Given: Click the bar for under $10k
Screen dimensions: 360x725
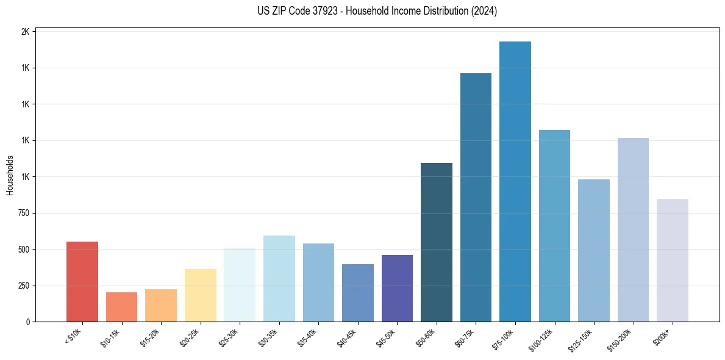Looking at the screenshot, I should point(82,282).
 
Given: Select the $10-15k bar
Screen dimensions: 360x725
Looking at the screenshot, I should point(121,307).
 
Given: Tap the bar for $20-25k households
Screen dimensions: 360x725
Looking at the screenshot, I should point(200,295).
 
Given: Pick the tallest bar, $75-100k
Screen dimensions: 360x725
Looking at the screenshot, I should point(515,182).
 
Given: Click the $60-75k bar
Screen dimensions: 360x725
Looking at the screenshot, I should point(476,198).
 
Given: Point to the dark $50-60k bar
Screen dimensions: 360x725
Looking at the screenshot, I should point(437,242).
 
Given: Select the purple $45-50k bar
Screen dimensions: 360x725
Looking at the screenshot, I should point(397,289).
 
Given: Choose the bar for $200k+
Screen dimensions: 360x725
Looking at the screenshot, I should point(673,261).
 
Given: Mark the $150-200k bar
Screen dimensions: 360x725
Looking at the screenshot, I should point(633,230).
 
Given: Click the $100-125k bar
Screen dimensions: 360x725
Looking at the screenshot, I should point(554,226).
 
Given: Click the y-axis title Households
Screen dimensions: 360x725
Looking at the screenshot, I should point(10,175).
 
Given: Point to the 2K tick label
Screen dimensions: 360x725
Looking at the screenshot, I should point(25,32).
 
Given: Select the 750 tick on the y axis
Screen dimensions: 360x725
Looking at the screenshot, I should point(23,213).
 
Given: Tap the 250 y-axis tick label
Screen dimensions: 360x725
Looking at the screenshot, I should point(23,286).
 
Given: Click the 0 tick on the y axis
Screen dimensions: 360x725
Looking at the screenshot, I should point(27,322).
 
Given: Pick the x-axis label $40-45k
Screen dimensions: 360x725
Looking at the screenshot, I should point(347,337).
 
